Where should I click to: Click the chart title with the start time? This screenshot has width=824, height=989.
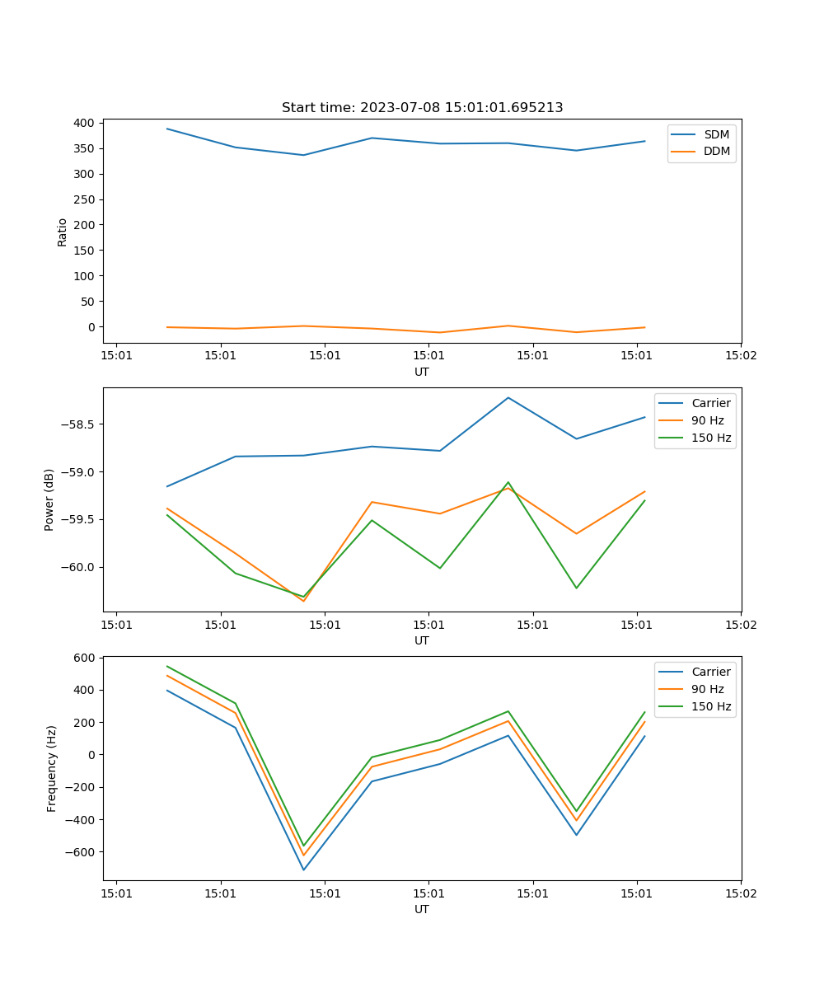[422, 107]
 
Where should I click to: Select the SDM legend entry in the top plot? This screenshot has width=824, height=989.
[716, 134]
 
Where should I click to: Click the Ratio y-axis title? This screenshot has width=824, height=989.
[62, 232]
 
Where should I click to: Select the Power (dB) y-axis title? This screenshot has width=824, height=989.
[49, 499]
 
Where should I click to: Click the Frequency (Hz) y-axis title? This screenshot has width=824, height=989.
[51, 768]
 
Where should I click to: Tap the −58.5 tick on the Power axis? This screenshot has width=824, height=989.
[77, 424]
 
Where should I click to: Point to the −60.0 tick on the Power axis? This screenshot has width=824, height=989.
[77, 567]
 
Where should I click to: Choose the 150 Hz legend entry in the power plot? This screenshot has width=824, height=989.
[711, 438]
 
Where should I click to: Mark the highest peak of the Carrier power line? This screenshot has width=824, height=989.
[508, 397]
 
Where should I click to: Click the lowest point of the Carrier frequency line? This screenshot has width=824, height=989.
[303, 869]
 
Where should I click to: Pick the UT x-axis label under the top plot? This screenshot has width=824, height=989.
[422, 372]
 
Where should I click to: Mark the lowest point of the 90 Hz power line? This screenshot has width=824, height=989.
[303, 601]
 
